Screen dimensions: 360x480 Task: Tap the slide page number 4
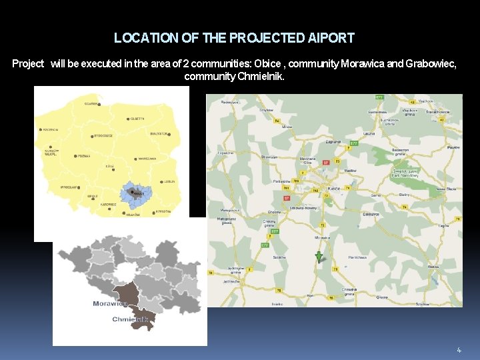459,350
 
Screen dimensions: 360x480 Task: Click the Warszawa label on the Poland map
146,159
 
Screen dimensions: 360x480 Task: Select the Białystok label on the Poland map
159,133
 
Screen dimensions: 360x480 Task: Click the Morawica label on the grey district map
110,304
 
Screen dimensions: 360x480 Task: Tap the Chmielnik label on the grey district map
131,319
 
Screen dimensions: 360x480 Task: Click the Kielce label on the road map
334,189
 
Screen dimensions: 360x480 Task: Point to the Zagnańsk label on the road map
333,142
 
